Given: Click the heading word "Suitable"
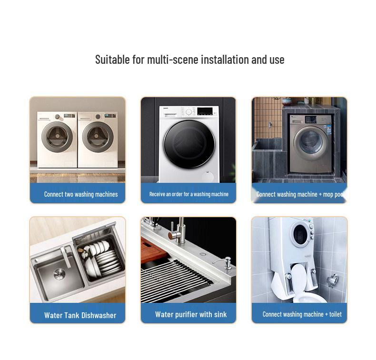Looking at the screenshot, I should point(112,60).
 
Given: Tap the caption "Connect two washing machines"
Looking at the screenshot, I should point(81,194).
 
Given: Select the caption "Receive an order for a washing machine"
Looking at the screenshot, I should point(189,194).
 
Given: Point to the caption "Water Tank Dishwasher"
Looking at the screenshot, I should point(80,315).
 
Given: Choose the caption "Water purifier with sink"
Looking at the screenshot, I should point(191,314).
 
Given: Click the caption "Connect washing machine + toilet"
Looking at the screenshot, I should point(302,314).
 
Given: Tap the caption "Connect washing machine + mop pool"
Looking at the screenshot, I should point(300,194).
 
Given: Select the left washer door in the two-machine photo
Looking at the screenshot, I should point(57,137).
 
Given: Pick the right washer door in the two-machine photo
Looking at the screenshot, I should point(98,137).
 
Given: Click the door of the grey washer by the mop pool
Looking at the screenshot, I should point(311,141).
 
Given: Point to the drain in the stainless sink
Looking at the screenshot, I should point(59,274).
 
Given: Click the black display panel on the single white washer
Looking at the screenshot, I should point(205,111).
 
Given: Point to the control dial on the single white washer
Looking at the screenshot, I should point(189,111).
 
